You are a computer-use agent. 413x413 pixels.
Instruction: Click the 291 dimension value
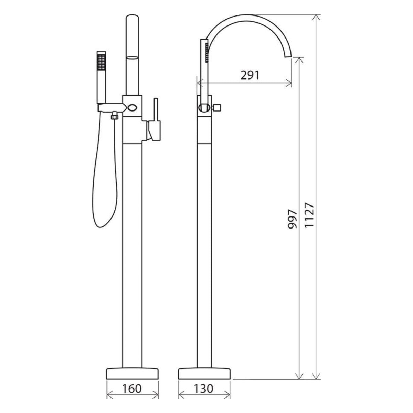tap(250, 75)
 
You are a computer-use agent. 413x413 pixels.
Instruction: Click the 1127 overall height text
tap(309, 215)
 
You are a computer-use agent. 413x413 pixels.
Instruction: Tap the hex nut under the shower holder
tap(115, 117)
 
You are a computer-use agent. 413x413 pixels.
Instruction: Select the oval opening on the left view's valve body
tap(132, 107)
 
